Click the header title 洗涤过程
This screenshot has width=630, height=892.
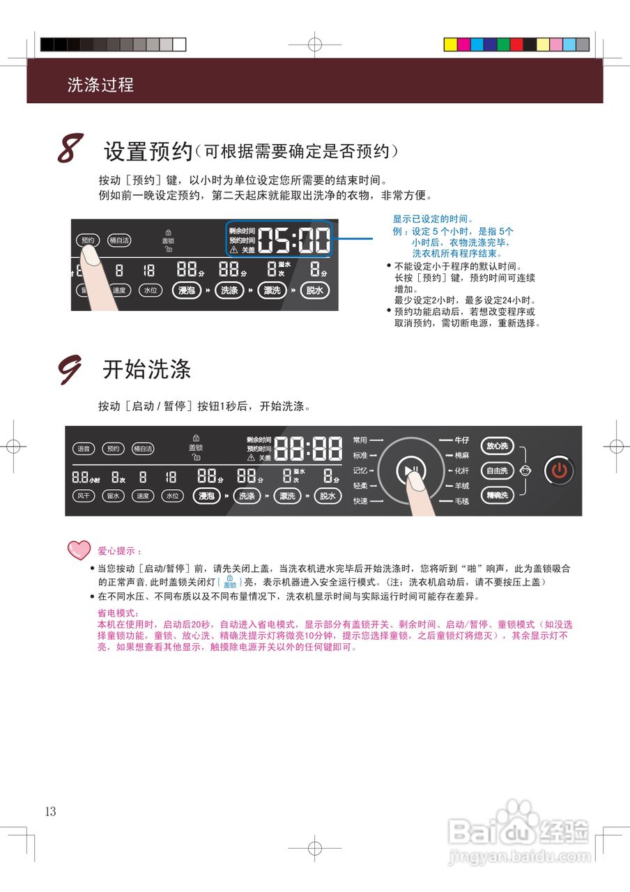pos(100,85)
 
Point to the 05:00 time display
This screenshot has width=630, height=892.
pos(293,240)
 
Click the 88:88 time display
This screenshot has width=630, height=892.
pos(308,449)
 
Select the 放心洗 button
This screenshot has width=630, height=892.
pos(498,446)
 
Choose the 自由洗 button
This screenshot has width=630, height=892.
pos(498,471)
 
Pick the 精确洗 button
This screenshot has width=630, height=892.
pos(498,495)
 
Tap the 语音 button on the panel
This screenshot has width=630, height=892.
pos(84,449)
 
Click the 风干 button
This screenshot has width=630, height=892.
pos(84,496)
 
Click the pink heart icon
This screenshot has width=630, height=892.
pos(79,550)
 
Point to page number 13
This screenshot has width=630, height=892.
pos(50,811)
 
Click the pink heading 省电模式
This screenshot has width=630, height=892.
pos(118,613)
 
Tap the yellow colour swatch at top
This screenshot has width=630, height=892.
pos(450,45)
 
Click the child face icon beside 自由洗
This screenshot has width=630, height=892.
pos(525,471)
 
